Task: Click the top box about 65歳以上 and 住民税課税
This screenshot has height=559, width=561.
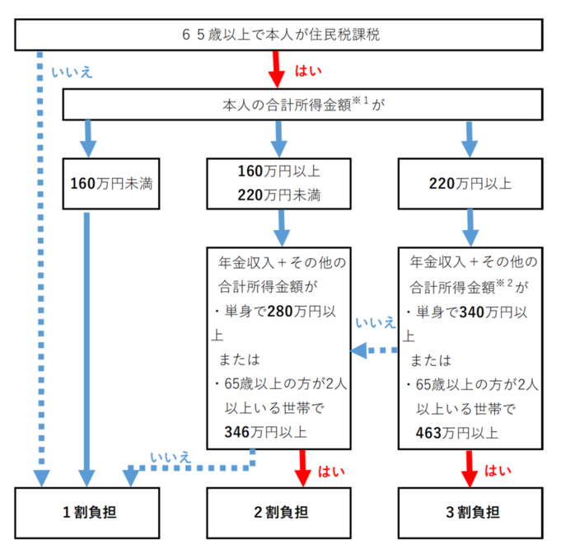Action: tap(279, 35)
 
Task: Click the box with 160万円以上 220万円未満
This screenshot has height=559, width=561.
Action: tap(278, 183)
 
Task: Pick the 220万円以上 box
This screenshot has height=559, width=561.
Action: tap(470, 183)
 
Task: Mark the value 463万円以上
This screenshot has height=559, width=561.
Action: tap(457, 431)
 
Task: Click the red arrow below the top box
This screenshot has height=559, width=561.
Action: tap(278, 71)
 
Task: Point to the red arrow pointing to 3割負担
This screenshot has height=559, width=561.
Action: tap(470, 467)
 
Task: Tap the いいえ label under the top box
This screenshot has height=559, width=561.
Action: tap(72, 72)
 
